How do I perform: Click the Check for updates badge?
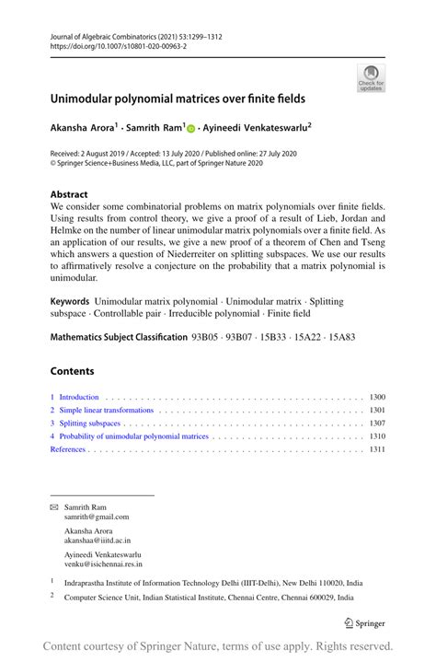(371, 77)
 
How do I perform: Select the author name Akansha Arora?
(89, 130)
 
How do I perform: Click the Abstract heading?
(69, 194)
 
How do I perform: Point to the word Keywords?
(70, 301)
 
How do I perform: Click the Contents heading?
(73, 373)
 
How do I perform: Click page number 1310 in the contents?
(376, 436)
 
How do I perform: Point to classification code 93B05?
(207, 337)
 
